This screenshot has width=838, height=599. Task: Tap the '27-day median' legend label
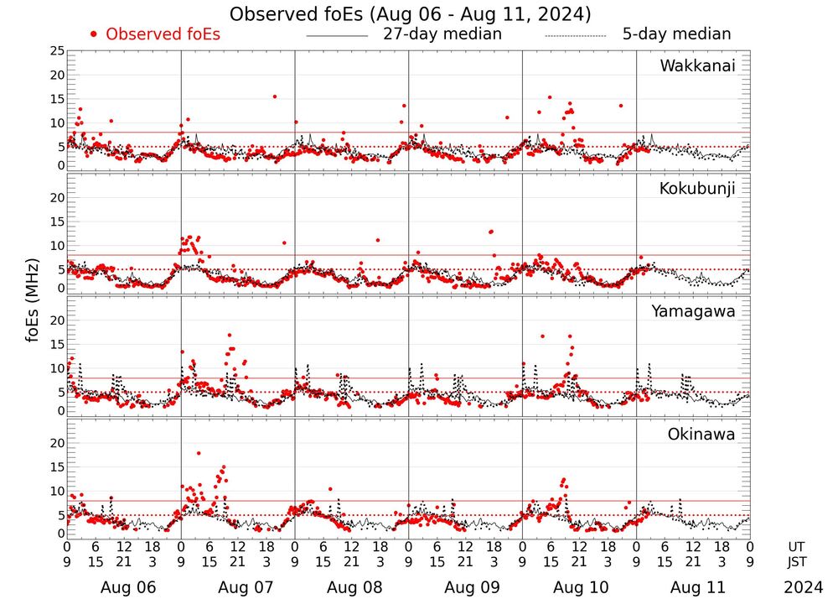click(x=442, y=34)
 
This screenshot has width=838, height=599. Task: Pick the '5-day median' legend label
click(x=676, y=34)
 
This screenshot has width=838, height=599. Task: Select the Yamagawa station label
click(x=694, y=311)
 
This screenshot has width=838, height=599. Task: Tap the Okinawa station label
click(x=701, y=435)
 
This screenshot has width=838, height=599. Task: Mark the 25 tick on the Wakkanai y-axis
click(x=57, y=51)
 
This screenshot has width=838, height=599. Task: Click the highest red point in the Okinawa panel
click(x=199, y=453)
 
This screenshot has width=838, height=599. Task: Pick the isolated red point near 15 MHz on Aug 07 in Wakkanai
click(x=274, y=96)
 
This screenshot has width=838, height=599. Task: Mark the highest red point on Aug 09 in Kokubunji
click(x=491, y=232)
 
